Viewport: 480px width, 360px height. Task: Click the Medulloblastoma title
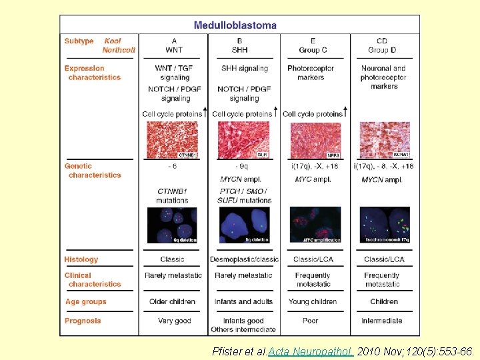(235, 25)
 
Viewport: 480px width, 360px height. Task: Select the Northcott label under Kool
(118, 50)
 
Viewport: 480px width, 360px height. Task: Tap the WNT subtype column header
(174, 45)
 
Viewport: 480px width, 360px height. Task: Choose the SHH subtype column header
(239, 45)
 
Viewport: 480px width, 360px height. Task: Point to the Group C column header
(313, 45)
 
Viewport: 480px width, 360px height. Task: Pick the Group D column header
(382, 45)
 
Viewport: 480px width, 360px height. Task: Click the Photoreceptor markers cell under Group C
(311, 73)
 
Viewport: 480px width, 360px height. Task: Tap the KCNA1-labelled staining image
(385, 140)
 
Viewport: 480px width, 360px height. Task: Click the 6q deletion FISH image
(173, 225)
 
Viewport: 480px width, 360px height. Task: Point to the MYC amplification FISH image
(315, 225)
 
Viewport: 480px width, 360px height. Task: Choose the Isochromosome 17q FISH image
(385, 225)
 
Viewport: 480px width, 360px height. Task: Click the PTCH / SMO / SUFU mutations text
(244, 195)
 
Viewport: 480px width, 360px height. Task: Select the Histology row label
(81, 259)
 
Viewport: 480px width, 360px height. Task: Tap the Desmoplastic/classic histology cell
(244, 259)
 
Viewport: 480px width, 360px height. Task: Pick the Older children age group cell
(172, 301)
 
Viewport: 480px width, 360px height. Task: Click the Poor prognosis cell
(311, 321)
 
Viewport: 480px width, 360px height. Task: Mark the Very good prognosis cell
(174, 321)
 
